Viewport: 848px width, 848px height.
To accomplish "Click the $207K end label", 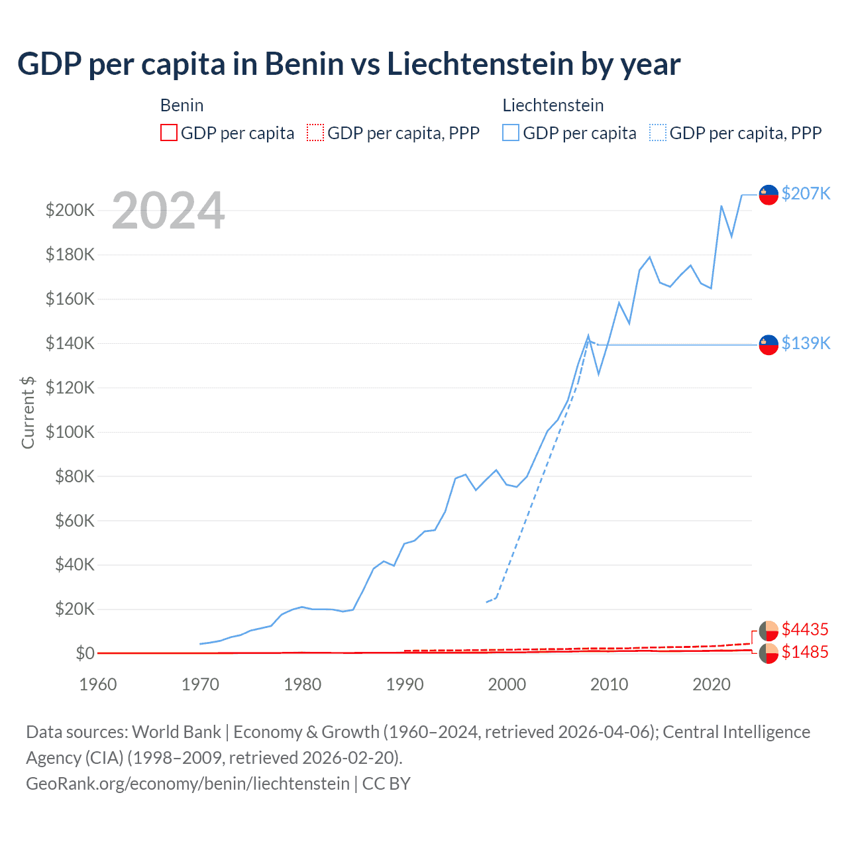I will tap(806, 193).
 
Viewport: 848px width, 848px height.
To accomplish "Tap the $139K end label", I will tap(806, 343).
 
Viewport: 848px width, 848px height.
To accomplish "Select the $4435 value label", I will tap(805, 629).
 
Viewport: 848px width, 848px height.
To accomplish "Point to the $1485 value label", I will tap(805, 652).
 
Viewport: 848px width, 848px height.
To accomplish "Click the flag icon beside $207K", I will tap(768, 195).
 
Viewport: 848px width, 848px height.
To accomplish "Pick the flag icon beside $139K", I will tap(768, 344).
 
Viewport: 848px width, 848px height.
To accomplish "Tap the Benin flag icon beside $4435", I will tap(768, 631).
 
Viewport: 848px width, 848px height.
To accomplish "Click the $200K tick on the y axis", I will tap(70, 211).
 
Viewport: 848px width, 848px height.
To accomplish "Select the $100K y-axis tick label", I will tap(70, 432).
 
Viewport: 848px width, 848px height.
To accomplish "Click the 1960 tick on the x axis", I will tap(98, 684).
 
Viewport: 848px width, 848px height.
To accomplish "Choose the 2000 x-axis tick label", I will tap(507, 684).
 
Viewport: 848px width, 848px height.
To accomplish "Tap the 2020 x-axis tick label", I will tap(711, 684).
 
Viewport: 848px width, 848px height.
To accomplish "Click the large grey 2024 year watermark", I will tap(168, 211).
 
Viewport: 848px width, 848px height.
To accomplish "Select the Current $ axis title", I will tap(28, 413).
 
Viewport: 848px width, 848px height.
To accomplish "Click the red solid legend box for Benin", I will tap(169, 133).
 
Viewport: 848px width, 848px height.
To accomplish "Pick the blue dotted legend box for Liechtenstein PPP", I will tap(658, 133).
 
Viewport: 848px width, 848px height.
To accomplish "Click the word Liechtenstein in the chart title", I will tap(480, 64).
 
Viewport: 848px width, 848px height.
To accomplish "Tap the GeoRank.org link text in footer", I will tap(187, 784).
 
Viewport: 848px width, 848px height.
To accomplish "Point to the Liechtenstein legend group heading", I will tap(553, 105).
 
